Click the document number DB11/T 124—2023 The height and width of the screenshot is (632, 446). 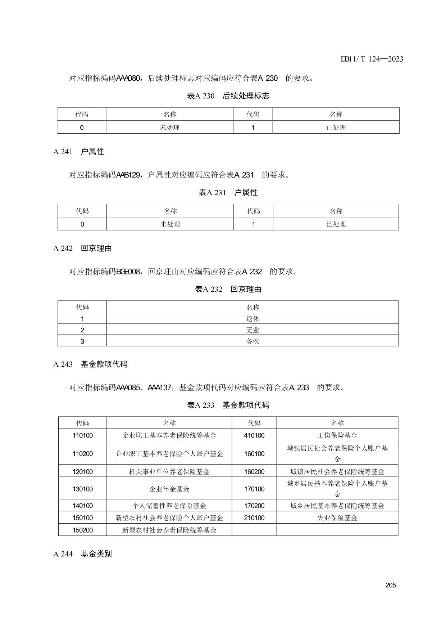372,59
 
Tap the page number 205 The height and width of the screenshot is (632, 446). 390,585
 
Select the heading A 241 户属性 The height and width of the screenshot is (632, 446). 78,152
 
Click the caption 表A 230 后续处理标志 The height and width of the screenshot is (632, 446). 228,96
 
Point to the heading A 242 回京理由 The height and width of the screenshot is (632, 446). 82,248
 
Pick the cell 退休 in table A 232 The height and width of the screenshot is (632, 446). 252,319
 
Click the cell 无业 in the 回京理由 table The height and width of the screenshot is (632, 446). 252,330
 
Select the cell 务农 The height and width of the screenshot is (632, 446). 252,341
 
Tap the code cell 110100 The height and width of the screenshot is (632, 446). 82,435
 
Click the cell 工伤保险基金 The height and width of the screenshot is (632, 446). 337,435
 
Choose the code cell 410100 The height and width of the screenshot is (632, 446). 254,435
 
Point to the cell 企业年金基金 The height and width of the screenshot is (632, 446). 169,489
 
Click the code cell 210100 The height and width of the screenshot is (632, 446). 254,518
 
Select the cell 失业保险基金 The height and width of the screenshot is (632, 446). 337,518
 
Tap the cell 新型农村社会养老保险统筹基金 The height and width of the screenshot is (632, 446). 169,530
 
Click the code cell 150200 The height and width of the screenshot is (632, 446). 82,530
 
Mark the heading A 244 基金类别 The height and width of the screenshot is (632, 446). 82,554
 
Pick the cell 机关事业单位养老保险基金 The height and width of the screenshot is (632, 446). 169,472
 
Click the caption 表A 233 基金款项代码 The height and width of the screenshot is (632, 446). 228,405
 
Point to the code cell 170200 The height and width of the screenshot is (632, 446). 254,506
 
